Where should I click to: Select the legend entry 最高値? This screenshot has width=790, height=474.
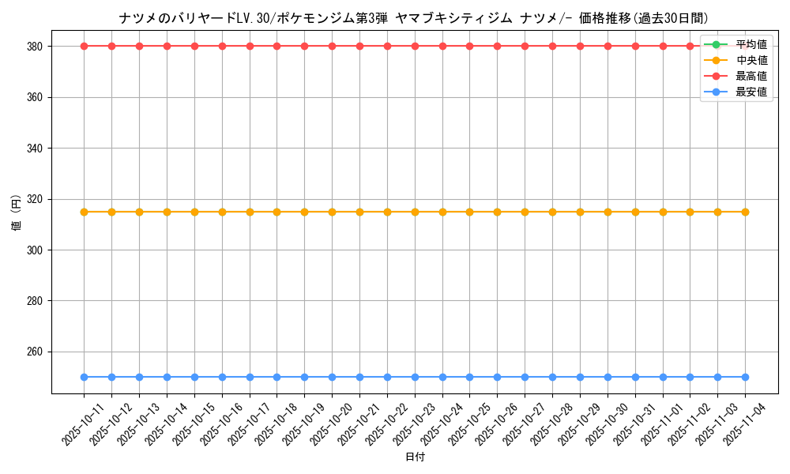[x=750, y=76]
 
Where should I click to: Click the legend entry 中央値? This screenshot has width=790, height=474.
[x=750, y=60]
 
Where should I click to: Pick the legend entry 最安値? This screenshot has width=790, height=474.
[x=750, y=92]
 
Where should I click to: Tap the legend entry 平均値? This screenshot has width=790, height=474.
[x=750, y=44]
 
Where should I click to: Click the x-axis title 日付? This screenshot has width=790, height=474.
[x=415, y=457]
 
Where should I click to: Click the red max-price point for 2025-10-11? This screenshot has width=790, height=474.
[x=84, y=46]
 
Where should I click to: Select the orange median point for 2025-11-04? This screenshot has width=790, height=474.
[x=745, y=212]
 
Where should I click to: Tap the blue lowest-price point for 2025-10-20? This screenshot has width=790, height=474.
[x=332, y=377]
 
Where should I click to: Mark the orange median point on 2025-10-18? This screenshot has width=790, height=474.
[x=276, y=212]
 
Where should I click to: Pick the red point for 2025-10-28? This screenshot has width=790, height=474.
[x=552, y=46]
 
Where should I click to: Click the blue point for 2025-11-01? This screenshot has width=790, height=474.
[x=663, y=377]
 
